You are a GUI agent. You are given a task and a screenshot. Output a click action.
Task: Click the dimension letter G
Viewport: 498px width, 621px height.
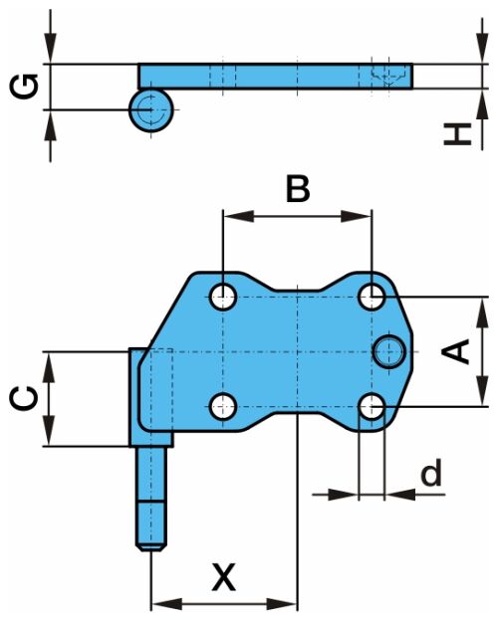25,87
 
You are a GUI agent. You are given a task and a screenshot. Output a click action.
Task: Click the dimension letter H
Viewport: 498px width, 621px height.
457,134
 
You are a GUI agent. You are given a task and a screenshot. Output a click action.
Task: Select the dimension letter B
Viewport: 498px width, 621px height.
298,189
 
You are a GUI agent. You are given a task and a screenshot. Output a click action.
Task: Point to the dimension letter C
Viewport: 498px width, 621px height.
24,398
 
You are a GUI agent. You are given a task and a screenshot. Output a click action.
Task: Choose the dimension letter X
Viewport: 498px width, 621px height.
224,576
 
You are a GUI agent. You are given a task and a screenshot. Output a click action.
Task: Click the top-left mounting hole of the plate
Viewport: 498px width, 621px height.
224,297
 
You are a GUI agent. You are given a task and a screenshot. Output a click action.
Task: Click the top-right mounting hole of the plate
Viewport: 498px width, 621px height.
372,297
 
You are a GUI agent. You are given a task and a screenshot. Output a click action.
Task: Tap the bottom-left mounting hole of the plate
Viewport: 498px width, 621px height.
224,406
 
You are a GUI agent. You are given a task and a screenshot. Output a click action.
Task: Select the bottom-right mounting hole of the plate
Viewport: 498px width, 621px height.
372,406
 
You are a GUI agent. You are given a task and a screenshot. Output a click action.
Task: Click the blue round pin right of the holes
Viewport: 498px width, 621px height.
389,351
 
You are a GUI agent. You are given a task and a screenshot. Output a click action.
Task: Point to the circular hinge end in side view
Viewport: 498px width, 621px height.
151,109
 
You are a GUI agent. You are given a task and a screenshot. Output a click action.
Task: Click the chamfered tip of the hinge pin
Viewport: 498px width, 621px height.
151,547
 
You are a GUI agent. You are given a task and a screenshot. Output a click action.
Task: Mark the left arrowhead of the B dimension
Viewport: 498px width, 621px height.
238,216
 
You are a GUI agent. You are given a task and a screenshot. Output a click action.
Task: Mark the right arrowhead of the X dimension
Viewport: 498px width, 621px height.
282,604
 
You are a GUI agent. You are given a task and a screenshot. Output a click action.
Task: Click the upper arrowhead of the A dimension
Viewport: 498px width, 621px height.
482,312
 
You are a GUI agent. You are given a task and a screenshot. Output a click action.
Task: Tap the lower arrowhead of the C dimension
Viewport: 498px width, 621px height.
49,431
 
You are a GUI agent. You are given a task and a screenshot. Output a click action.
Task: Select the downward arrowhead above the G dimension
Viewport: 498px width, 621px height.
51,49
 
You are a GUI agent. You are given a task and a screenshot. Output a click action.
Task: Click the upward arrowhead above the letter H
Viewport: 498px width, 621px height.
482,103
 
